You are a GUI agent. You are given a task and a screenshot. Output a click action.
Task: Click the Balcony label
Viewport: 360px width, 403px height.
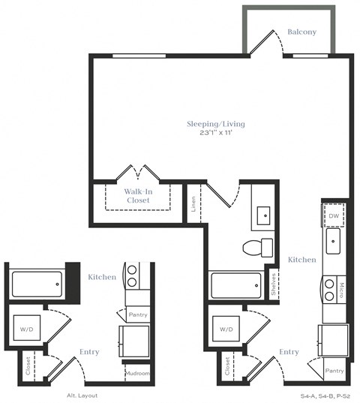pyautogui.click(x=302, y=32)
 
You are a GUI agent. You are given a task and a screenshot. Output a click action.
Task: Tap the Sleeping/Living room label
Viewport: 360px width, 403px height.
pyautogui.click(x=216, y=124)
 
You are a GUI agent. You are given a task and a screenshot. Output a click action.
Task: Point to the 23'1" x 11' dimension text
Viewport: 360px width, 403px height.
pyautogui.click(x=216, y=133)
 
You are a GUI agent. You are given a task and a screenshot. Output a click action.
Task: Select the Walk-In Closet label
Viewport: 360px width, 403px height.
pyautogui.click(x=138, y=196)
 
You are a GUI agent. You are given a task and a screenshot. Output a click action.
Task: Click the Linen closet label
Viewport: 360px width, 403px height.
pyautogui.click(x=193, y=203)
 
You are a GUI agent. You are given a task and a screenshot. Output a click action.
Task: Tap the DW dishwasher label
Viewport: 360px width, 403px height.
pyautogui.click(x=334, y=216)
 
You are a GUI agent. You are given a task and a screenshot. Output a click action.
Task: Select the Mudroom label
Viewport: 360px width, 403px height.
pyautogui.click(x=137, y=374)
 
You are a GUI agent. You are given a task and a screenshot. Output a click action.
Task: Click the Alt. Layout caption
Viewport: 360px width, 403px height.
pyautogui.click(x=82, y=395)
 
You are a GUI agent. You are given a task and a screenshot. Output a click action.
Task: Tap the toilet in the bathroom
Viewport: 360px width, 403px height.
pyautogui.click(x=258, y=247)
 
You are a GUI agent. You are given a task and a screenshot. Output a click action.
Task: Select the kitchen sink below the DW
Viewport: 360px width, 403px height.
pyautogui.click(x=333, y=242)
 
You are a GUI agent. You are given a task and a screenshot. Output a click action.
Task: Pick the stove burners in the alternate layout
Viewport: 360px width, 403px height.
pyautogui.click(x=131, y=276)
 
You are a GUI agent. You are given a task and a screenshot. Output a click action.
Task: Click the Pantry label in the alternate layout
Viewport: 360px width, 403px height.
pyautogui.click(x=137, y=315)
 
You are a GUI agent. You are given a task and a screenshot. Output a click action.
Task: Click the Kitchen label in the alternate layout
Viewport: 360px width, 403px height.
pyautogui.click(x=102, y=277)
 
